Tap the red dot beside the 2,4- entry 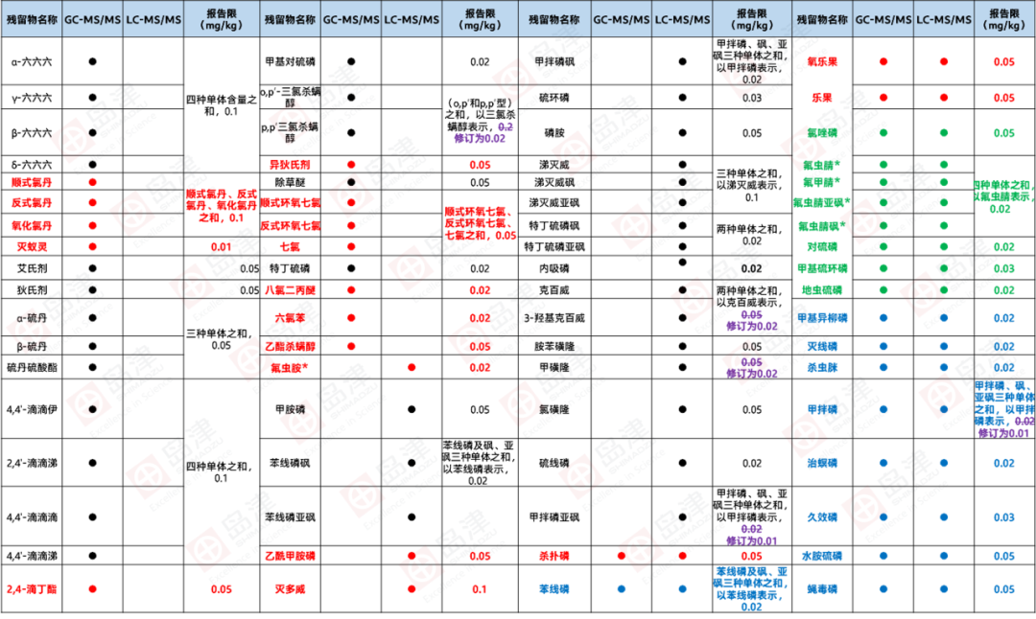pos(92,589)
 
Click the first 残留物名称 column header pos(32,19)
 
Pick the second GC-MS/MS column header pos(350,19)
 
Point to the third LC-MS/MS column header pos(682,19)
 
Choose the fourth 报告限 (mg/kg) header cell pos(1004,19)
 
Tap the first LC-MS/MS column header pos(153,19)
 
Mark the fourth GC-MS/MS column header pos(883,19)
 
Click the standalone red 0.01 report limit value pos(222,246)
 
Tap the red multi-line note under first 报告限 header pos(222,203)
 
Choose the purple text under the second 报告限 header pos(480,134)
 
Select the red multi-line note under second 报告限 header pos(480,222)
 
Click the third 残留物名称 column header pos(555,19)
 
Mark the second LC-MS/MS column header pos(412,19)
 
